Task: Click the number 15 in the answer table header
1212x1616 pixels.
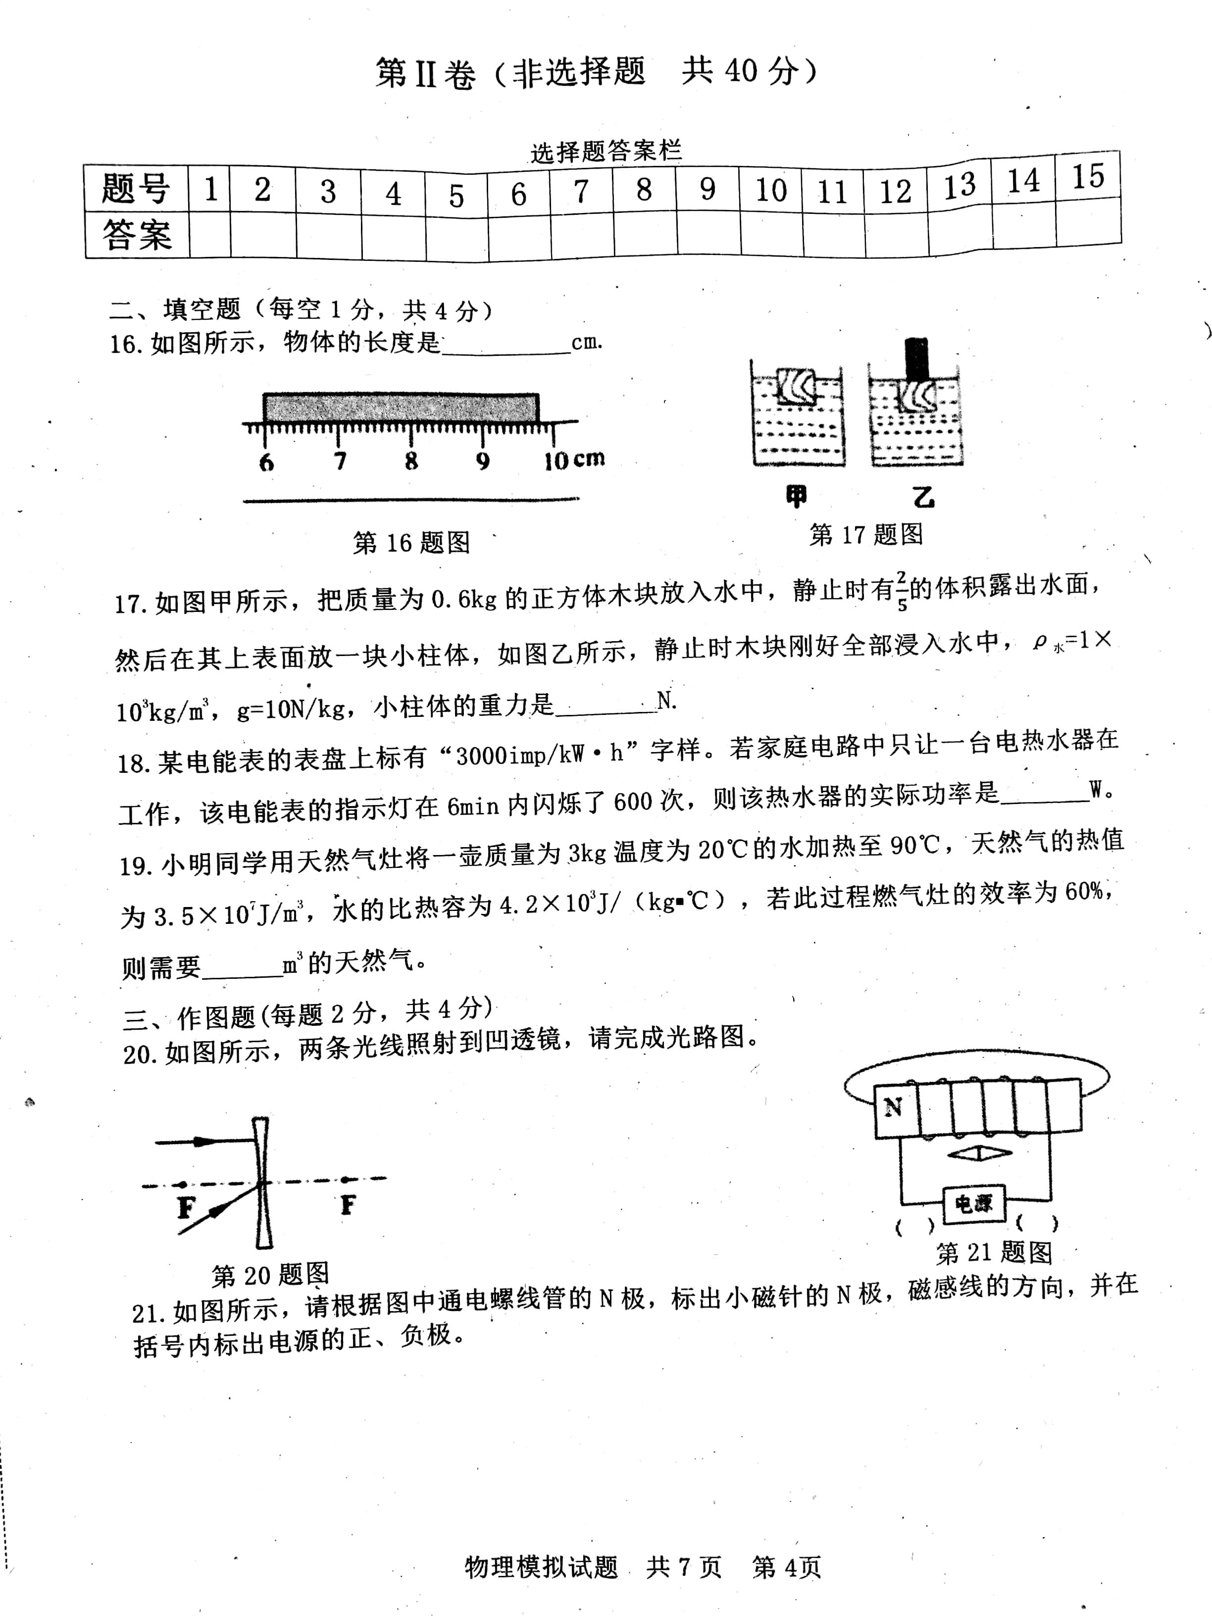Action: (1087, 177)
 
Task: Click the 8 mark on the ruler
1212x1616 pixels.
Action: (411, 461)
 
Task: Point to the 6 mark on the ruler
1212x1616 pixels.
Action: (267, 462)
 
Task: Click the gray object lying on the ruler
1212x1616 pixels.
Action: (401, 407)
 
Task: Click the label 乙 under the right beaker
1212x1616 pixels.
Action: (923, 498)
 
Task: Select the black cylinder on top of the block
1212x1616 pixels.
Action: (916, 359)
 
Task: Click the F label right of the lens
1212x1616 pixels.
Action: (348, 1205)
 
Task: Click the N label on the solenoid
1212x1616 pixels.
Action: (893, 1108)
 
